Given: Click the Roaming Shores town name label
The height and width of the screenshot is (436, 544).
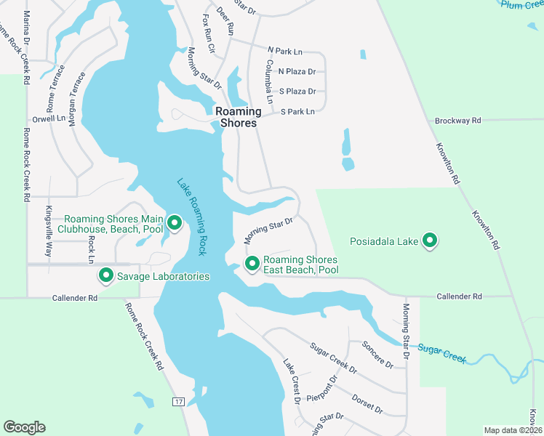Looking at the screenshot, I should (x=236, y=117).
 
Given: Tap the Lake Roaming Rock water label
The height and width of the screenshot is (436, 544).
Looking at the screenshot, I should (x=193, y=216).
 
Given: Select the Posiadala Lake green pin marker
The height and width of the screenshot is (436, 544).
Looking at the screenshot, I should (x=430, y=241).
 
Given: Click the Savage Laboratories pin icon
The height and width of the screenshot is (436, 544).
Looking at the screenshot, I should (x=106, y=275).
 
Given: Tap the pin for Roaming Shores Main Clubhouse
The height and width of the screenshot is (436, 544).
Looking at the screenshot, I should (x=174, y=222).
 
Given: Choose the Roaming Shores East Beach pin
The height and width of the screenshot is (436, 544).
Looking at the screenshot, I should (x=252, y=263).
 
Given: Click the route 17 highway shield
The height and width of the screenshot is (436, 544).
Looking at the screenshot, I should (x=178, y=402).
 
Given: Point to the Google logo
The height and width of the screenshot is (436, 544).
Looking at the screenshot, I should (x=24, y=427).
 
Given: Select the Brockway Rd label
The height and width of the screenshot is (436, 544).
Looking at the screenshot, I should (x=457, y=121).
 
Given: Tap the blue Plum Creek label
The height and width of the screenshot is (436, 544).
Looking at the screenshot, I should (x=522, y=4).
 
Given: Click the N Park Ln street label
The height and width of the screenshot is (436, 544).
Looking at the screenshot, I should (x=284, y=51).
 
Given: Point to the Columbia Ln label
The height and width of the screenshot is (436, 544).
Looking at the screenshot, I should (x=269, y=81).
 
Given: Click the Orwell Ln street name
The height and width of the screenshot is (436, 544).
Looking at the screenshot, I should (x=48, y=118).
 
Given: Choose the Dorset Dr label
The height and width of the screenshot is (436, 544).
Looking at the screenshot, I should (x=367, y=404).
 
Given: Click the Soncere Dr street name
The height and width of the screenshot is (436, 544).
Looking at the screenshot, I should (x=377, y=354).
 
